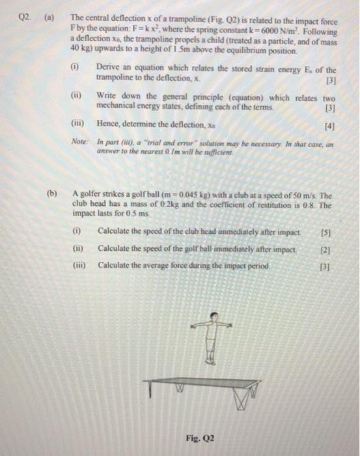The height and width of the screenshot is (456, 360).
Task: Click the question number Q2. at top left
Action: [25, 20]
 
